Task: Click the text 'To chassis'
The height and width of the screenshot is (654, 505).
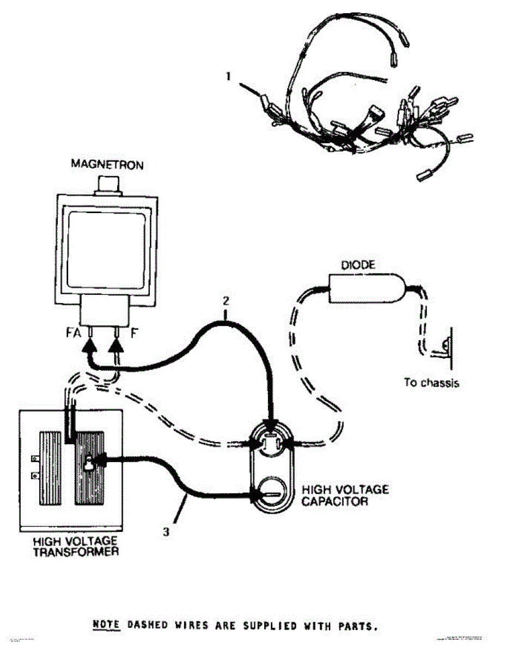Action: pyautogui.click(x=431, y=383)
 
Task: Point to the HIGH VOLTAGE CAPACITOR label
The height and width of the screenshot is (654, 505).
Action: pyautogui.click(x=345, y=495)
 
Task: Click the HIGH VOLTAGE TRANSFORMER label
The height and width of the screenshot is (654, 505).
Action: pyautogui.click(x=75, y=546)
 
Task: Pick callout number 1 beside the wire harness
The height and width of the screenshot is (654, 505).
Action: pyautogui.click(x=229, y=77)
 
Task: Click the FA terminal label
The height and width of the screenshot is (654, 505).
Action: pyautogui.click(x=80, y=331)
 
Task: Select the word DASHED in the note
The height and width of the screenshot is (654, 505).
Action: pyautogui.click(x=148, y=626)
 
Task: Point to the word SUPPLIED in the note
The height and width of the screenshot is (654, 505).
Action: pyautogui.click(x=261, y=626)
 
